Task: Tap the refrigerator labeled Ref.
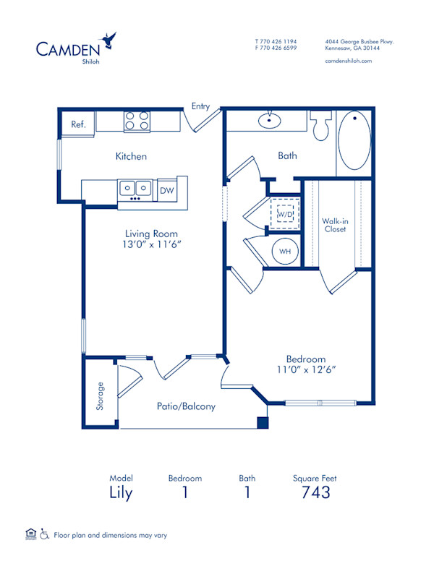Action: click(78, 124)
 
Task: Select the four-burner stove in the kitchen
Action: click(137, 121)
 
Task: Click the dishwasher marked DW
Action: click(166, 190)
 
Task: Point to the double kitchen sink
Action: click(135, 189)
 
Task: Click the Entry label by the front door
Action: click(200, 106)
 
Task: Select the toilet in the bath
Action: click(322, 127)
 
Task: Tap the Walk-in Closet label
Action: click(335, 225)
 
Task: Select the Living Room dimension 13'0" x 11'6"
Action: click(151, 244)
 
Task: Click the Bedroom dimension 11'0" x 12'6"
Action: click(305, 369)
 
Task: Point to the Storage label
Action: click(101, 395)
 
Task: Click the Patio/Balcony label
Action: click(186, 406)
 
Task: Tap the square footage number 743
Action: click(315, 492)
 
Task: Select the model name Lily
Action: click(121, 493)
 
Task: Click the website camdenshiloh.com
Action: click(349, 61)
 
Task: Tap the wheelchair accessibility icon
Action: click(44, 534)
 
